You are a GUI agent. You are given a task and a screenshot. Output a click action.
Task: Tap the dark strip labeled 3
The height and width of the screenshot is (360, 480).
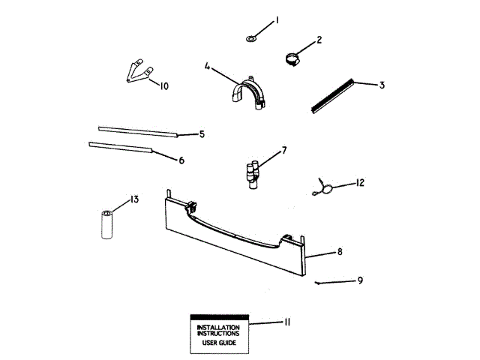[x=332, y=95]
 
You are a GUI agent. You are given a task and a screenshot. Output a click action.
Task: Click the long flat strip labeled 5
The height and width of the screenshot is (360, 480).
[x=138, y=131]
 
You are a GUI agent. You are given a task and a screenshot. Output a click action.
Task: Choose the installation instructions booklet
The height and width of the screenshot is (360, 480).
[x=218, y=333]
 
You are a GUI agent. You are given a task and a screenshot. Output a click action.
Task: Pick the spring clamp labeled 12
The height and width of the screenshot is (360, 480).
[x=324, y=187]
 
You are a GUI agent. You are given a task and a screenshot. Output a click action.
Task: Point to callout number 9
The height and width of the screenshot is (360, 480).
[x=360, y=280]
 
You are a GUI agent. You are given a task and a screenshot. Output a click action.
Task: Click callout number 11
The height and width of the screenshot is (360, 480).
[x=286, y=322]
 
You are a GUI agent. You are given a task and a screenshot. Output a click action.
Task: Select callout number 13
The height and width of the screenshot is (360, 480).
[x=134, y=199]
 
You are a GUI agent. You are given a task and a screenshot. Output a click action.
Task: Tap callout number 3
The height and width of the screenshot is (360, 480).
[x=382, y=85]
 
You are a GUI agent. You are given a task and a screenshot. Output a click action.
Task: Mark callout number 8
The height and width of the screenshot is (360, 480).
[x=340, y=252]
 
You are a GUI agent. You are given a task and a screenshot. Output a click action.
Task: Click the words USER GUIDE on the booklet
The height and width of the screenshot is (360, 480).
[x=218, y=343]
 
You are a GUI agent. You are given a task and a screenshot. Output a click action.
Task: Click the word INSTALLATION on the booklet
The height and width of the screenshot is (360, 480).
[x=218, y=328]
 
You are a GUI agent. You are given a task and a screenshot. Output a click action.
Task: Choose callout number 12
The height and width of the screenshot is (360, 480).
[x=360, y=183]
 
